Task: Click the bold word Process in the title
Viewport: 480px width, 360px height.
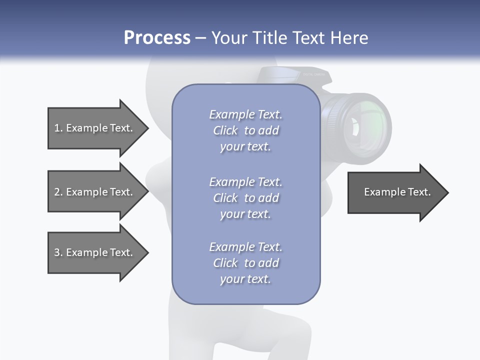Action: point(157,38)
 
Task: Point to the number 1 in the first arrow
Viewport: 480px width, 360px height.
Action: point(57,128)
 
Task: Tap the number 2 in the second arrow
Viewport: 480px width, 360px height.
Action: point(57,192)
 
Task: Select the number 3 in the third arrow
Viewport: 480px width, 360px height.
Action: point(57,252)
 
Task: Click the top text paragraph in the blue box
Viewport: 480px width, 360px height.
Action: point(245,130)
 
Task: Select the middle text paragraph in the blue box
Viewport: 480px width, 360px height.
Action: point(245,198)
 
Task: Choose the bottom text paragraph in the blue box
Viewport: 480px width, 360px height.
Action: point(245,263)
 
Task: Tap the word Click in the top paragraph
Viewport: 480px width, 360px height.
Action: point(225,130)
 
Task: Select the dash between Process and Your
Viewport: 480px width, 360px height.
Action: point(200,38)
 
